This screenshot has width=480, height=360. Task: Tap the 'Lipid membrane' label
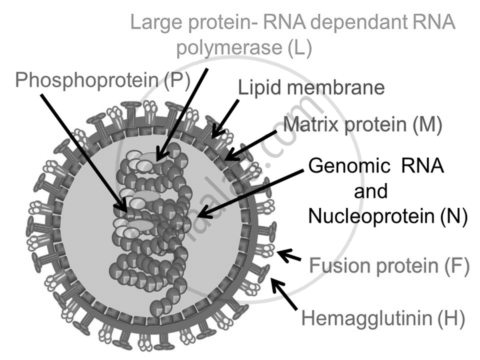(311, 88)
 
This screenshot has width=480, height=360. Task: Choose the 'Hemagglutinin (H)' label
(383, 317)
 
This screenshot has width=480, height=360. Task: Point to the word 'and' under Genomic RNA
(371, 191)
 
